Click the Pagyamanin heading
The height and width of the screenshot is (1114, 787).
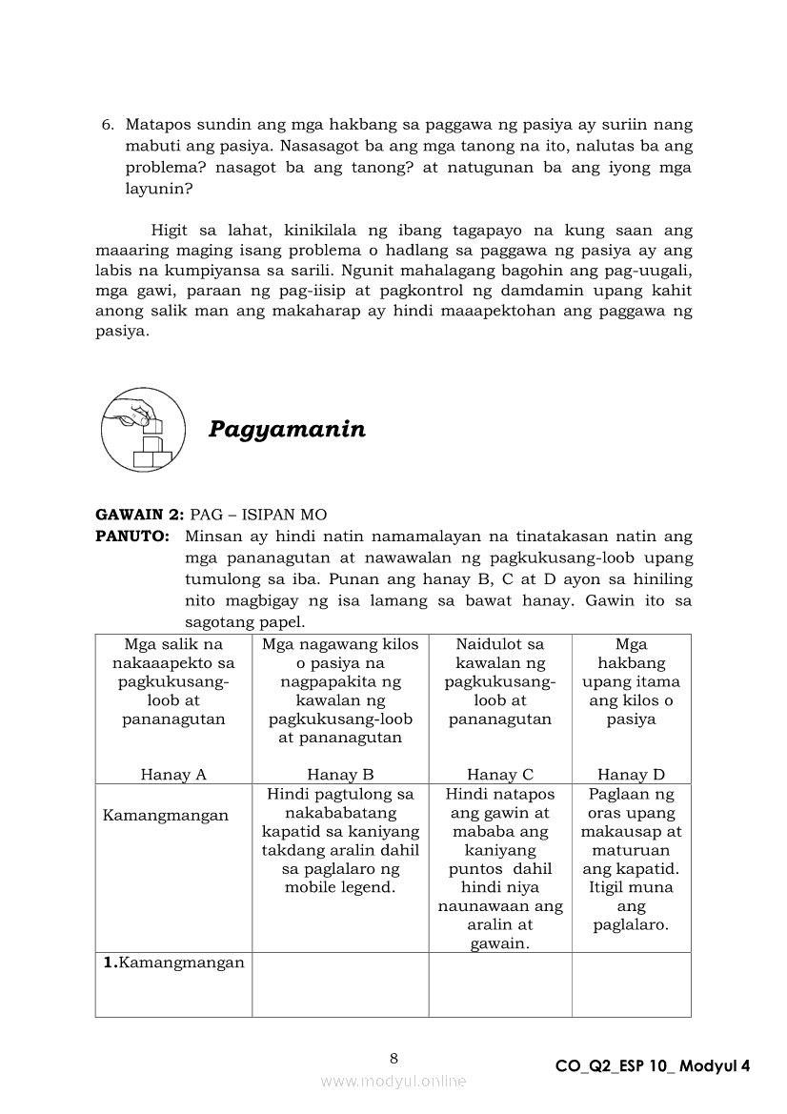click(x=287, y=429)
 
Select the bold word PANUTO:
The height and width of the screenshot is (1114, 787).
click(x=132, y=537)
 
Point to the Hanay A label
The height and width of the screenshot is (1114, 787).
click(x=173, y=775)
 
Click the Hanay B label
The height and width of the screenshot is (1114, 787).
click(x=340, y=775)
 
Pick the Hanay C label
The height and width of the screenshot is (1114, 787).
click(x=499, y=775)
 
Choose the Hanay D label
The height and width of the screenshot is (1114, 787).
click(x=631, y=775)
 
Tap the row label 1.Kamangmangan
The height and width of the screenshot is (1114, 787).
click(x=174, y=962)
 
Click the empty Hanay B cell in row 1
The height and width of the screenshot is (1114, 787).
click(x=340, y=985)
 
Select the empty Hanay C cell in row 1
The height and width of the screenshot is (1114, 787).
click(x=499, y=985)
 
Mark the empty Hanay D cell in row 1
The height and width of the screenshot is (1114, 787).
click(x=631, y=985)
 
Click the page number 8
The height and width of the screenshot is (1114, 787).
click(x=393, y=1057)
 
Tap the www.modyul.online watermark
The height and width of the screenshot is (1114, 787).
click(x=393, y=1081)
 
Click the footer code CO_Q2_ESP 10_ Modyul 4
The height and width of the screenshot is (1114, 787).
click(x=653, y=1066)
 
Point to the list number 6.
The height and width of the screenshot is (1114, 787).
click(x=108, y=125)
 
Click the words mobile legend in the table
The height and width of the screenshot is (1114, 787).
click(x=340, y=888)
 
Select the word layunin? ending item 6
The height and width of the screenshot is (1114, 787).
click(x=159, y=189)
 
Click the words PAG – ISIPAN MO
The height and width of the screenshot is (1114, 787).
click(x=258, y=516)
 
